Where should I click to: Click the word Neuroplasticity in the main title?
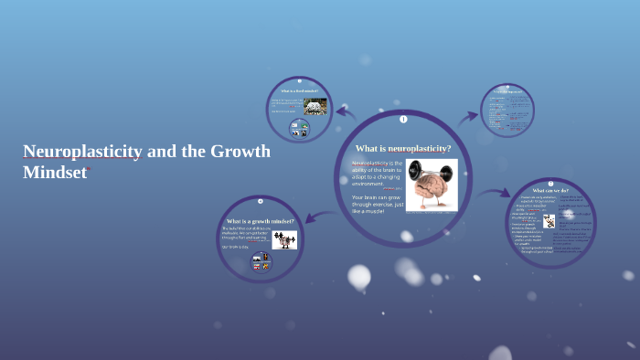[82, 152]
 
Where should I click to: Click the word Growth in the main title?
[240, 152]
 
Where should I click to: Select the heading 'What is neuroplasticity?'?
[403, 148]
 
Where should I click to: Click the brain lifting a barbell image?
[432, 185]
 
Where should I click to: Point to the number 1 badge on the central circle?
[403, 119]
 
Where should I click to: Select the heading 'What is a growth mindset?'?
[261, 221]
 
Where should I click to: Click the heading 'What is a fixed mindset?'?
[299, 91]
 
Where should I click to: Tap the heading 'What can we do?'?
[550, 190]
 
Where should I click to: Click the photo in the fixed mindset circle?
[315, 107]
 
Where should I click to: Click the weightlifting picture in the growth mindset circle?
[283, 240]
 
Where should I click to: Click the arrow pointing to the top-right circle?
[467, 116]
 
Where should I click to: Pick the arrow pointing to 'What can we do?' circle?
[495, 193]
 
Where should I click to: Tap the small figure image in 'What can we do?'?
[549, 220]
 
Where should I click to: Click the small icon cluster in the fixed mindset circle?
[299, 128]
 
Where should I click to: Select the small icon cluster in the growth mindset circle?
[261, 261]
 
